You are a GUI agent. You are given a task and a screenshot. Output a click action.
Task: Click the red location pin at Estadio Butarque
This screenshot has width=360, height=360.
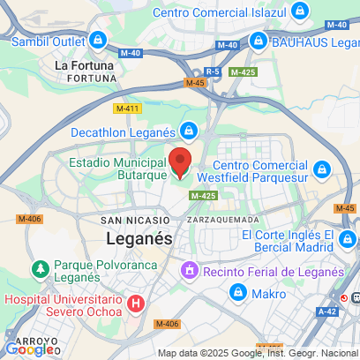click(180, 162)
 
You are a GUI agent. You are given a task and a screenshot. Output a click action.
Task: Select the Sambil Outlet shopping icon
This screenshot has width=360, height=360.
click(98, 40)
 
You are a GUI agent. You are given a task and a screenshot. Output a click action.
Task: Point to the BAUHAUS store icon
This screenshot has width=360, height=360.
click(258, 41)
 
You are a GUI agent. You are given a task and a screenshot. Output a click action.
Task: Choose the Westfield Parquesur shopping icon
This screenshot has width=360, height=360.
click(322, 167)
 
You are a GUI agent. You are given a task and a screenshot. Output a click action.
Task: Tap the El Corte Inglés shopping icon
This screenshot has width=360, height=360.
click(349, 239)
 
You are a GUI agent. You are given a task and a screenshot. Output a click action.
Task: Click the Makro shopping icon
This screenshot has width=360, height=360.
click(236, 292)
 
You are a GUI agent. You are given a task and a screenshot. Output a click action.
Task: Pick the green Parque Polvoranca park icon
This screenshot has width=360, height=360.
click(39, 268)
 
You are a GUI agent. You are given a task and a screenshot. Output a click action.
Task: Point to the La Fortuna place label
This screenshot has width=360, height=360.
click(83, 64)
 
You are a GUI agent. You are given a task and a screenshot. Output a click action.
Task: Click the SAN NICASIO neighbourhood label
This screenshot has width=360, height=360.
click(135, 220)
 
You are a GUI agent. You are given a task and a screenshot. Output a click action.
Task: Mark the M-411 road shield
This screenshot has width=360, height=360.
click(128, 108)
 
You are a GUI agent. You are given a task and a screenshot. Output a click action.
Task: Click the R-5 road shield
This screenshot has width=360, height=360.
click(212, 71)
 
